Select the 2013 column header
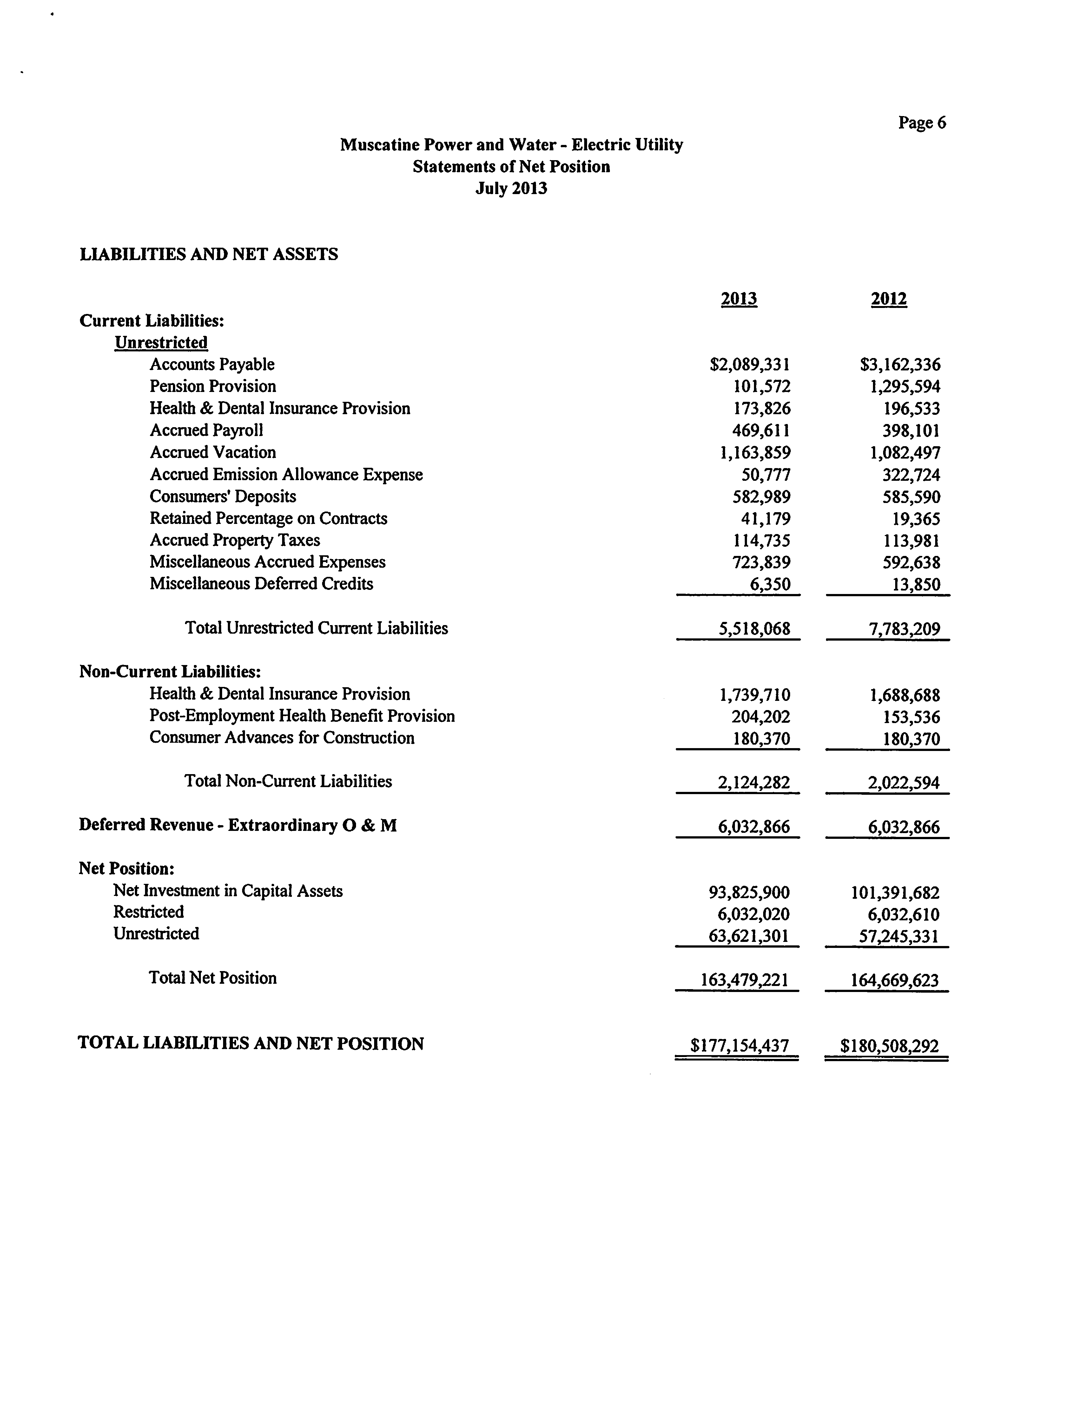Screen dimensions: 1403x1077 tap(738, 299)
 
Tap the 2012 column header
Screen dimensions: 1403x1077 tap(889, 299)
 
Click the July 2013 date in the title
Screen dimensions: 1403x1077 tap(511, 188)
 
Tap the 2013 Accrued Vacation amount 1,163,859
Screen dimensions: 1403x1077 tap(755, 453)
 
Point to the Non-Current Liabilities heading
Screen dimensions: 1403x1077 tap(170, 672)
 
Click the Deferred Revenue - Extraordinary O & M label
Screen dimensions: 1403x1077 tap(238, 825)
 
